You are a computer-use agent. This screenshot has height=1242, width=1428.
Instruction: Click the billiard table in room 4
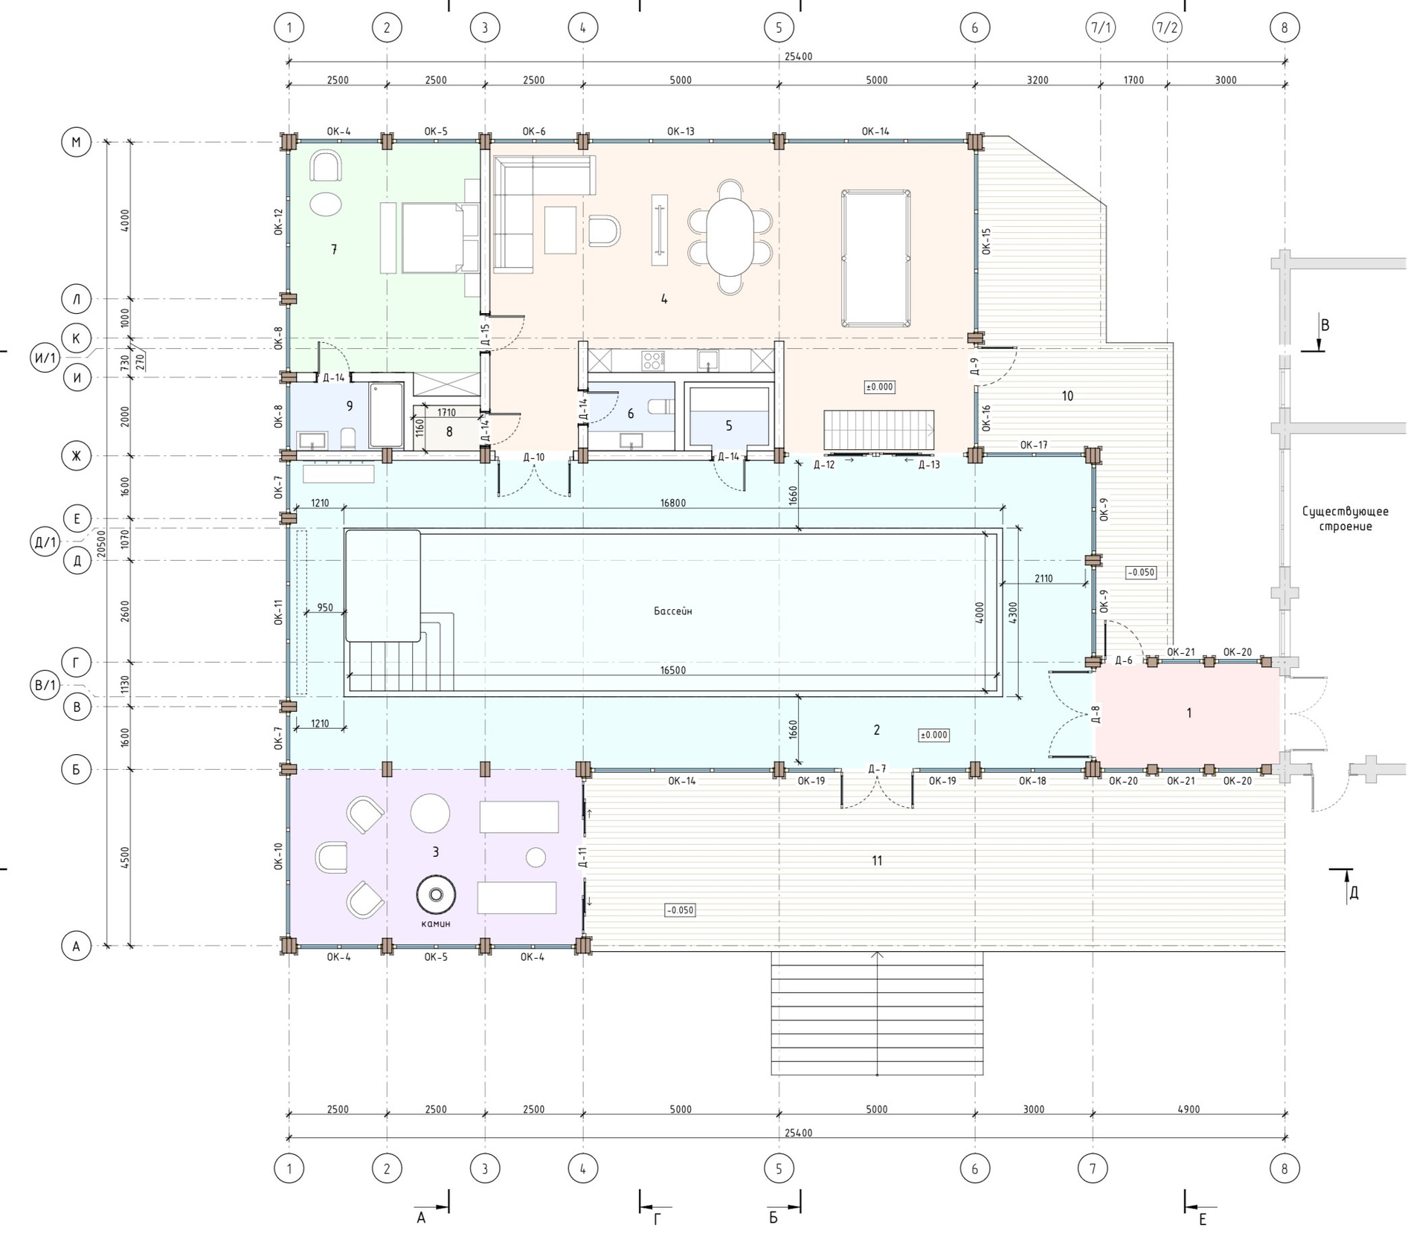click(876, 258)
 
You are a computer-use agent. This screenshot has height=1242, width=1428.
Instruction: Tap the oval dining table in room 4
click(730, 237)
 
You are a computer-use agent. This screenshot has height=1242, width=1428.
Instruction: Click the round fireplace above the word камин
click(436, 895)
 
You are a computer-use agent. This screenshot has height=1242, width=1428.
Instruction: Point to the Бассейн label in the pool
click(673, 611)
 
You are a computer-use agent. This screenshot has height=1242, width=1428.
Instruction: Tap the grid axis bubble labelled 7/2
click(1166, 28)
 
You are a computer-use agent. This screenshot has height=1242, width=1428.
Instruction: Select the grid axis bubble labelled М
click(76, 142)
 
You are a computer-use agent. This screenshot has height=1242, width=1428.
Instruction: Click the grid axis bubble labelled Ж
click(76, 456)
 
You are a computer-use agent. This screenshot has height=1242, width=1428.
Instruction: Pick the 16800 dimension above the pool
click(673, 503)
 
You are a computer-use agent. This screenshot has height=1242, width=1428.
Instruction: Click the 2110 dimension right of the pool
click(1043, 578)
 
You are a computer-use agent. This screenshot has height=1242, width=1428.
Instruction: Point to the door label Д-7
click(877, 768)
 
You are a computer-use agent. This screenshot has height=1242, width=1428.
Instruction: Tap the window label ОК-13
click(681, 132)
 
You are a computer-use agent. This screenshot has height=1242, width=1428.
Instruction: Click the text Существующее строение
click(1345, 518)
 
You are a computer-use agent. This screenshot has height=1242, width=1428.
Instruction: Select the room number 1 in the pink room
click(1189, 712)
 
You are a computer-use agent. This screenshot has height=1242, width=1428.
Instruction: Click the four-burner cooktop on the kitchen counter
click(653, 361)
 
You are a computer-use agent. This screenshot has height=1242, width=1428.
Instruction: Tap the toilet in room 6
click(660, 407)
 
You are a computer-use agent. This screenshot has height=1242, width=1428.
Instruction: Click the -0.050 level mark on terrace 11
click(680, 910)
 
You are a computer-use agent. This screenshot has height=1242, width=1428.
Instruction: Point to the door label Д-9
click(974, 365)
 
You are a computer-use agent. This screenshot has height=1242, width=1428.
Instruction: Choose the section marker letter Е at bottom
click(1203, 1220)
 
